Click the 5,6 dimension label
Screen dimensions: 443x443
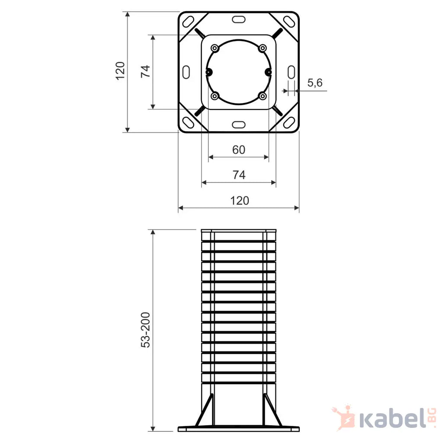(x=315, y=83)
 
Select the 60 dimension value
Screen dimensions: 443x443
(x=239, y=150)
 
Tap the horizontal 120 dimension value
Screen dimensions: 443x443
(x=240, y=201)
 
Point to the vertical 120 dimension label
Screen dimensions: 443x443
(x=120, y=71)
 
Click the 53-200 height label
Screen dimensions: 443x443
(x=145, y=330)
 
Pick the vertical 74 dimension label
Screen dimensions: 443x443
(x=145, y=71)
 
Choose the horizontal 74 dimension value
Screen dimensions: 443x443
(x=239, y=175)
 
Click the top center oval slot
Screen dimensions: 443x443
(x=239, y=19)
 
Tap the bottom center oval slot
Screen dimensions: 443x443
(x=239, y=125)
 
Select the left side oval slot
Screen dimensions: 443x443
(x=186, y=72)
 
